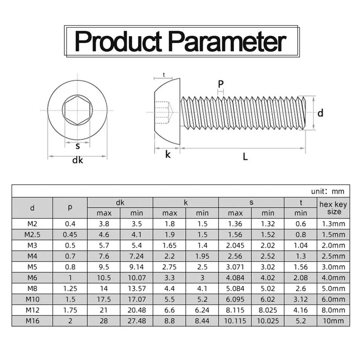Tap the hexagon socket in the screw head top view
point(77,110)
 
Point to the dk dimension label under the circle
point(77,160)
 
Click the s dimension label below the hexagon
point(77,146)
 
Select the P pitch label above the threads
point(220,84)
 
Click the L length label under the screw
point(245,157)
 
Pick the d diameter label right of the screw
point(320,113)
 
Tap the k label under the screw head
point(167,154)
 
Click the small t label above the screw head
point(163,75)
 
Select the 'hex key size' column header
point(333,208)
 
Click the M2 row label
point(32,223)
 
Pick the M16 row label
point(32,321)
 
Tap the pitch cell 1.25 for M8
point(70,288)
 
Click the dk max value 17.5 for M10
point(104,299)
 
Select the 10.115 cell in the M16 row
point(235,321)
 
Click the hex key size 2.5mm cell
point(333,256)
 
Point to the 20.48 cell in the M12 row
point(136,310)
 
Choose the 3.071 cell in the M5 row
point(235,267)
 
